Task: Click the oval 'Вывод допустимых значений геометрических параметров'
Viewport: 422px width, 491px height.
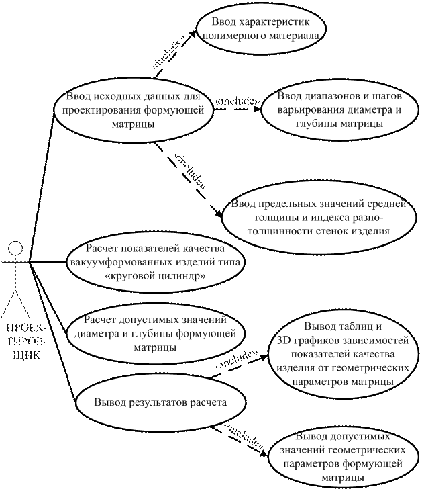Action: pos(343,457)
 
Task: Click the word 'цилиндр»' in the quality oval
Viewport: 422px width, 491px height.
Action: pos(183,277)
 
